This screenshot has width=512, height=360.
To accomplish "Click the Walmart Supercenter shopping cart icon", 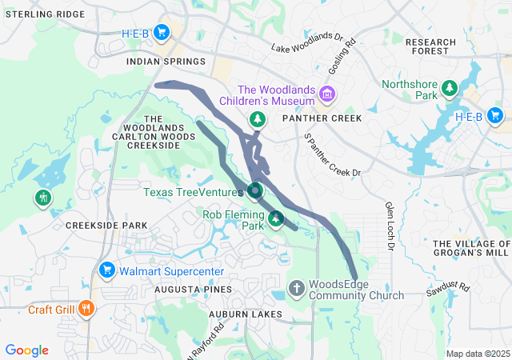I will coord(106,270).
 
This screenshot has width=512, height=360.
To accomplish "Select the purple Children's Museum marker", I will coord(326,95).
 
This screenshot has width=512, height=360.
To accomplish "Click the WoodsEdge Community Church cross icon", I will coord(296,287).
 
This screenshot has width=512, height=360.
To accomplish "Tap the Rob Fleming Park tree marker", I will coord(276,218).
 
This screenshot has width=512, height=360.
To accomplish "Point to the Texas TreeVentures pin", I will coord(255,191).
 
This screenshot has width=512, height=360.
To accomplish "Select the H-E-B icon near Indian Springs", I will coord(162,33).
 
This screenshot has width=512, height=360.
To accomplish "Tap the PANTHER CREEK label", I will coord(322,118).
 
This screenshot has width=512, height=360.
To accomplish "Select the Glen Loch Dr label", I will coord(390,226).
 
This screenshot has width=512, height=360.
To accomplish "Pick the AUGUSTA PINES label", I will coord(193,289).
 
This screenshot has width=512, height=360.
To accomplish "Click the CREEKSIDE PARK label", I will coord(106,226).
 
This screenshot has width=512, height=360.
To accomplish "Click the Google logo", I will coord(26,350).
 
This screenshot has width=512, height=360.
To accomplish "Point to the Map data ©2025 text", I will coord(477,354).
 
